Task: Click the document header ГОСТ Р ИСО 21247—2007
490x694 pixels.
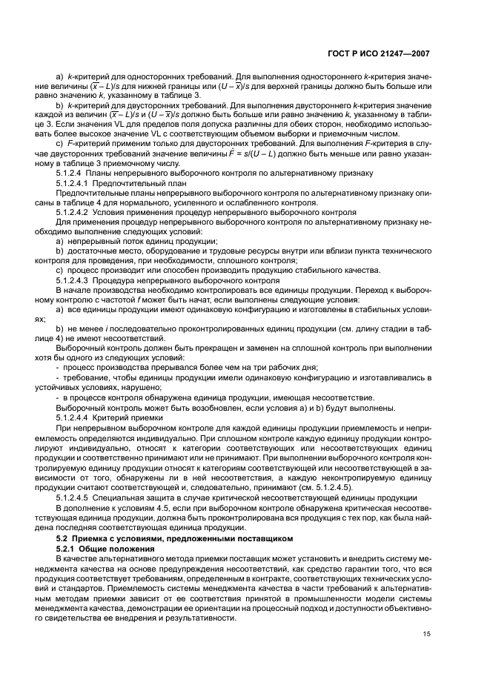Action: (x=379, y=54)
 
